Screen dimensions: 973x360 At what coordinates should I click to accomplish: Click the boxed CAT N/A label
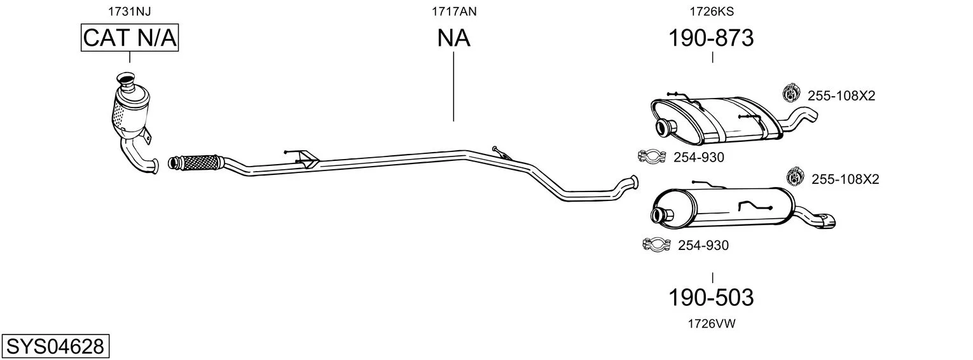pyautogui.click(x=130, y=38)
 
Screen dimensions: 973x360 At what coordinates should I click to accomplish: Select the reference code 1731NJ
pyautogui.click(x=130, y=11)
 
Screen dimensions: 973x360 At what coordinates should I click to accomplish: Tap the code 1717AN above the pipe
pyautogui.click(x=454, y=11)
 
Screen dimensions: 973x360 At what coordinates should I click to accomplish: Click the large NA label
pyautogui.click(x=453, y=38)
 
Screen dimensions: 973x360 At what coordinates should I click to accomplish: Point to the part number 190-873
pyautogui.click(x=711, y=38)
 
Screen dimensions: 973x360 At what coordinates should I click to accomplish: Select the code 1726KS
pyautogui.click(x=712, y=11)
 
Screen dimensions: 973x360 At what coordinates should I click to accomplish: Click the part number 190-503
pyautogui.click(x=711, y=298)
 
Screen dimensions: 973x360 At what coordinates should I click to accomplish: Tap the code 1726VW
pyautogui.click(x=712, y=324)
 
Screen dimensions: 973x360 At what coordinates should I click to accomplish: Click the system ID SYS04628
pyautogui.click(x=55, y=347)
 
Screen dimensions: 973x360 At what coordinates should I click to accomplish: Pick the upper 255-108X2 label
pyautogui.click(x=841, y=95)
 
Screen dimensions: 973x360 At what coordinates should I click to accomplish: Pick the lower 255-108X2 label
pyautogui.click(x=845, y=179)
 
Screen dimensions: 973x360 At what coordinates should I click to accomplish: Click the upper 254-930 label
pyautogui.click(x=699, y=157)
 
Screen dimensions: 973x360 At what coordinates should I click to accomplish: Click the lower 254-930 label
pyautogui.click(x=703, y=246)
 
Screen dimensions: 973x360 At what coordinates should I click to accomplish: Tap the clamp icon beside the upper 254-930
pyautogui.click(x=652, y=156)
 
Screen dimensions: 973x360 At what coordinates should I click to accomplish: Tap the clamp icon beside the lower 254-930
pyautogui.click(x=656, y=244)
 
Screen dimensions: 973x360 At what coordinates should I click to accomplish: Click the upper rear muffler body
pyautogui.click(x=717, y=120)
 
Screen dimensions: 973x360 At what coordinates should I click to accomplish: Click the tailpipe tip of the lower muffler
pyautogui.click(x=827, y=221)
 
